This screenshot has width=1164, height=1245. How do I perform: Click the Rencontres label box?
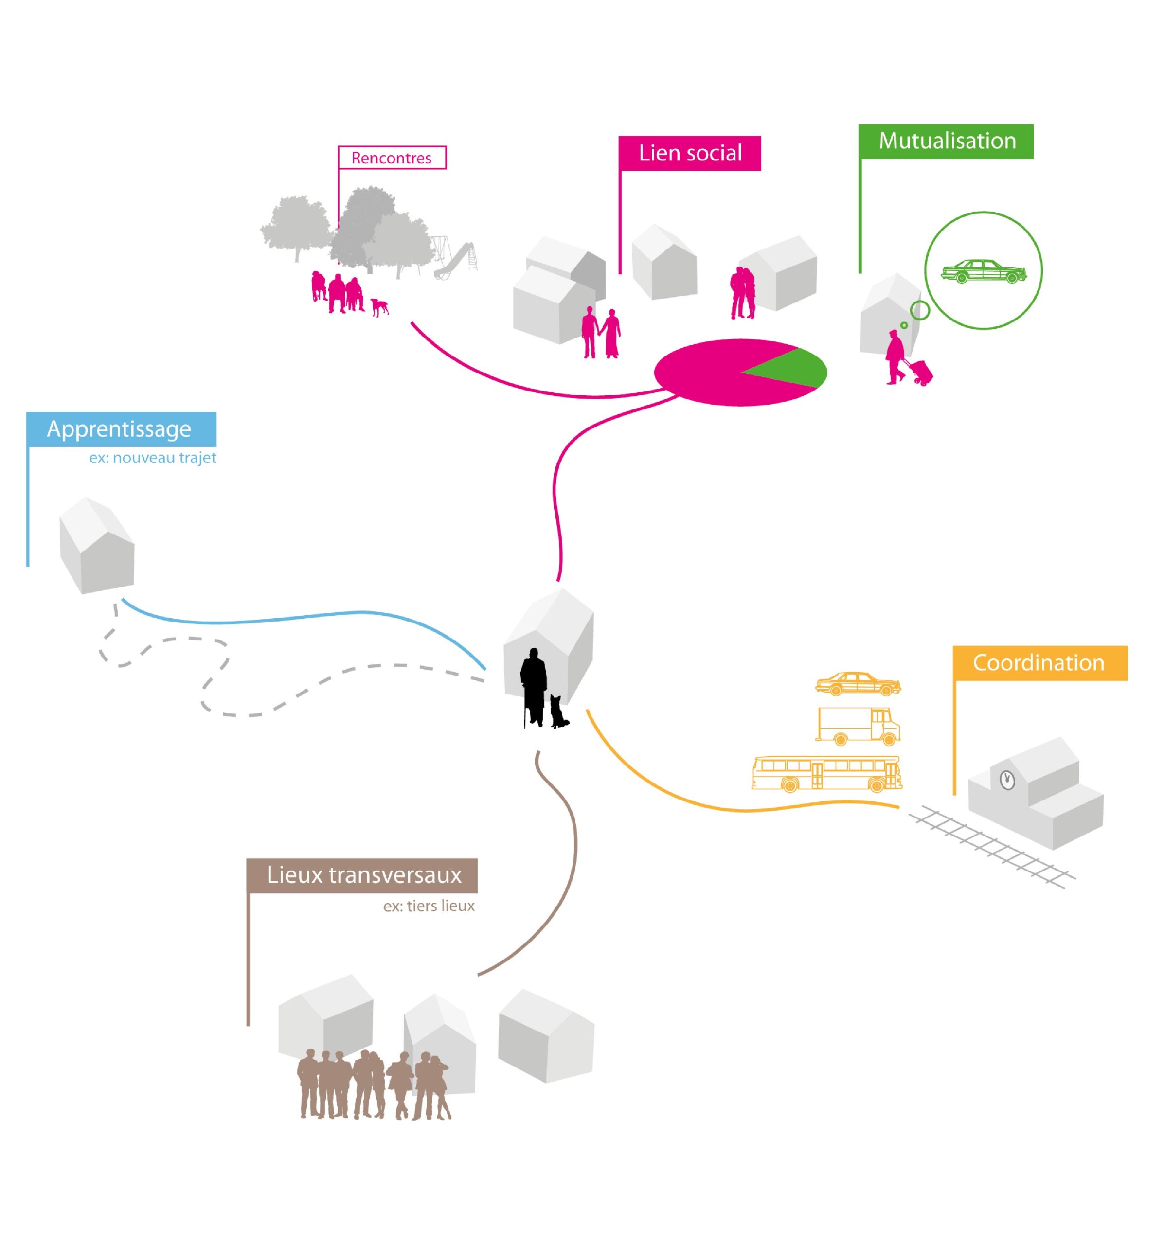pyautogui.click(x=392, y=157)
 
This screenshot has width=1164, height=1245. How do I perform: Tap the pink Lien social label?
pyautogui.click(x=689, y=153)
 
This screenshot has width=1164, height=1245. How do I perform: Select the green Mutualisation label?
pyautogui.click(x=946, y=141)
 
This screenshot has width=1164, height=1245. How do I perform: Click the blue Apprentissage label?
pyautogui.click(x=122, y=429)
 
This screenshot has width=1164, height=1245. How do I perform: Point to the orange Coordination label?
pyautogui.click(x=1040, y=662)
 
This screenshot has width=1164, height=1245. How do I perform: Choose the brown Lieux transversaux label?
pyautogui.click(x=362, y=875)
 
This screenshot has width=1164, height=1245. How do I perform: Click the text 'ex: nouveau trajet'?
pyautogui.click(x=152, y=458)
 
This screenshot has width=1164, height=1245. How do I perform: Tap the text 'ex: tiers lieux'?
pyautogui.click(x=429, y=906)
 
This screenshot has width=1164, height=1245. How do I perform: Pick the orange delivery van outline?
pyautogui.click(x=858, y=725)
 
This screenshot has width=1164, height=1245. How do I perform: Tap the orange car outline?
pyautogui.click(x=858, y=683)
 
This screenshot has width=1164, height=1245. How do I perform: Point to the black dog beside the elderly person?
pyautogui.click(x=559, y=711)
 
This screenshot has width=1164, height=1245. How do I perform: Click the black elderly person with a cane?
pyautogui.click(x=533, y=687)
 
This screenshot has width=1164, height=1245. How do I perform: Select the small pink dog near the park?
pyautogui.click(x=379, y=307)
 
